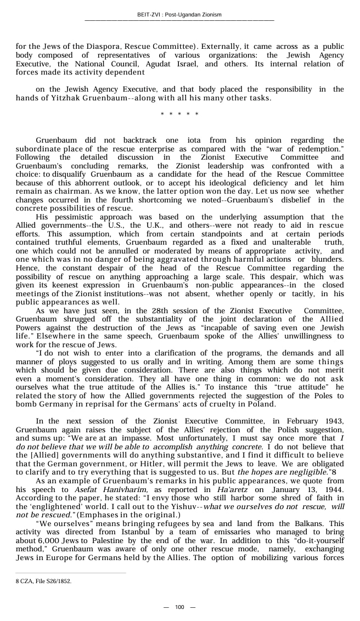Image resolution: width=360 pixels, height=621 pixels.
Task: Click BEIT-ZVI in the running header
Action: click(x=150, y=15)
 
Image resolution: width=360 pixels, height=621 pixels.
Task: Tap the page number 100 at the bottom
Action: click(x=179, y=607)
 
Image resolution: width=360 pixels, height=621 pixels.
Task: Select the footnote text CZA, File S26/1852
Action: click(x=46, y=581)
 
